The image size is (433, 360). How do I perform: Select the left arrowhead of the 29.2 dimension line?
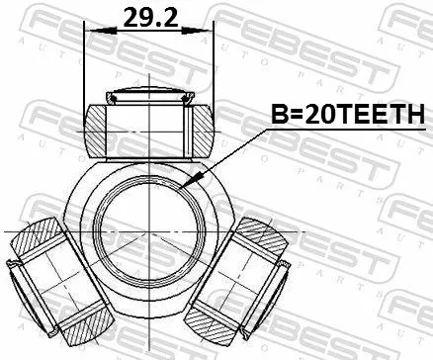(92, 30)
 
